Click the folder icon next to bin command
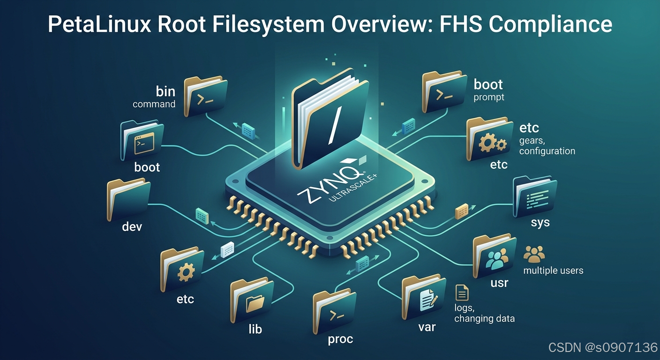pos(205,96)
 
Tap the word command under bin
pos(154,104)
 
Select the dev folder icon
pos(128,199)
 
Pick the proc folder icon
pos(334,313)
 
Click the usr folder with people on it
pos(494,257)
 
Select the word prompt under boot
pos(488,97)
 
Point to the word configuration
pos(547,151)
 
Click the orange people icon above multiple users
pos(534,254)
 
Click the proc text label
pos(340,339)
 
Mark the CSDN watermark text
pos(602,347)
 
